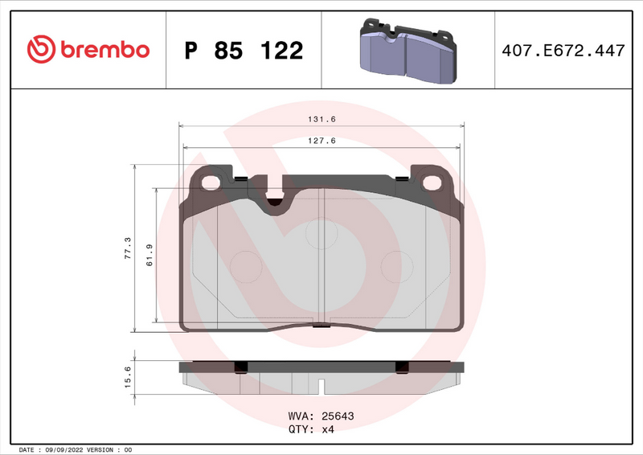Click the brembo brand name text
pyautogui.click(x=102, y=50)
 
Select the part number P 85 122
pyautogui.click(x=244, y=51)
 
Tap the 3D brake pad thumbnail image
pyautogui.click(x=407, y=51)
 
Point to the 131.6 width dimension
pyautogui.click(x=321, y=119)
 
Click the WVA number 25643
pyautogui.click(x=338, y=416)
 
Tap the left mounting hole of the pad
pyautogui.click(x=212, y=182)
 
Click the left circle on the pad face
pyautogui.click(x=246, y=265)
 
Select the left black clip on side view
pyautogui.click(x=239, y=367)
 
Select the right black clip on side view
pyautogui.click(x=402, y=367)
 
